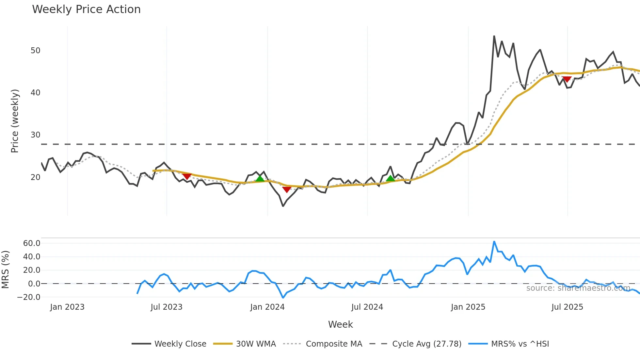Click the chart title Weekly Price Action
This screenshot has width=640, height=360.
click(86, 9)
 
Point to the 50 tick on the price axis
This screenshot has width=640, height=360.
click(35, 51)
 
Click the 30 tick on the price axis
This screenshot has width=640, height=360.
click(35, 135)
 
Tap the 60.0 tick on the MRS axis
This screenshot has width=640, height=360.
click(32, 243)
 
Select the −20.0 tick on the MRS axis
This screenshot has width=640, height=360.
click(29, 297)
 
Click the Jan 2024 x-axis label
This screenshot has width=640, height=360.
click(267, 307)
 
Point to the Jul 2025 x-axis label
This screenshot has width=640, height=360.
click(567, 307)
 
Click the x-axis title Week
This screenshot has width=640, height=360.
click(340, 324)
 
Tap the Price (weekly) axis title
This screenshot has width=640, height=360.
click(15, 121)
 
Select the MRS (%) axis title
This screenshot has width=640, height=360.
click(5, 270)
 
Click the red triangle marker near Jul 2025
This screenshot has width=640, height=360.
click(567, 79)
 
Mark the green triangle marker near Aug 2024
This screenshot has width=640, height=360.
click(390, 178)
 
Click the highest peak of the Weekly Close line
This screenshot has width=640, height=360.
click(494, 36)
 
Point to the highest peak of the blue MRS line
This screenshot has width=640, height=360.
click(494, 242)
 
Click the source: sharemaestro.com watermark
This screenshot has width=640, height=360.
click(578, 288)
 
